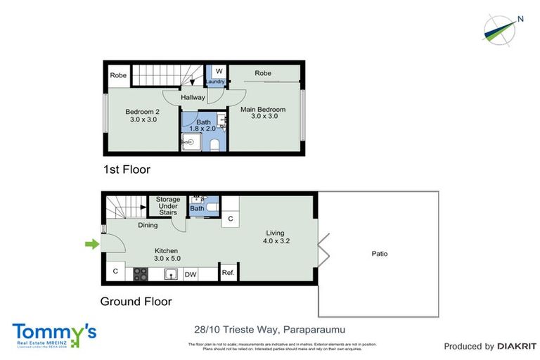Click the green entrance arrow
[x=91, y=245]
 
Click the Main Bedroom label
[x=263, y=112]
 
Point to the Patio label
[x=379, y=254]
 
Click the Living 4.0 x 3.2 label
[x=276, y=237]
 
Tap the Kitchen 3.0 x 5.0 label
[x=167, y=255]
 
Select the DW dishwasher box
[x=190, y=275]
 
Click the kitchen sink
[x=169, y=274]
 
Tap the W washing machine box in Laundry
[x=218, y=72]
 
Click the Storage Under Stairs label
[x=168, y=206]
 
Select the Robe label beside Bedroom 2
[x=117, y=74]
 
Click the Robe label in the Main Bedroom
[x=263, y=73]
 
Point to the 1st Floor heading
[x=127, y=169]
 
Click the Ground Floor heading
[x=136, y=302]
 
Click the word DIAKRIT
[x=517, y=346]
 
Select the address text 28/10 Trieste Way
[x=237, y=329]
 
